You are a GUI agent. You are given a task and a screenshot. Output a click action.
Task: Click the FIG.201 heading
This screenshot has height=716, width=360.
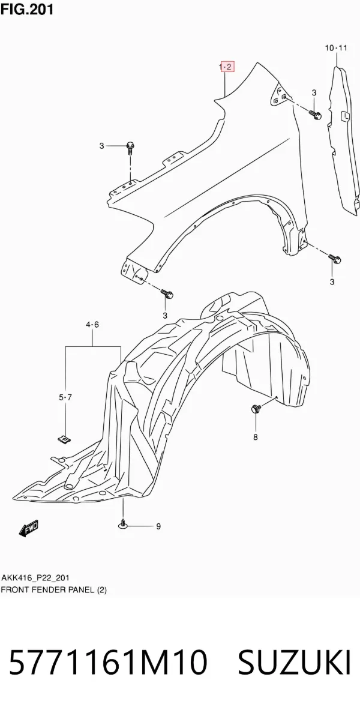[26, 8]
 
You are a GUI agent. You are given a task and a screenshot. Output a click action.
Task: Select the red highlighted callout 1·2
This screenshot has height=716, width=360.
[226, 67]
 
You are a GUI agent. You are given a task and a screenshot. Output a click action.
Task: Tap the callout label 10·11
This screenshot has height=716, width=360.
[336, 47]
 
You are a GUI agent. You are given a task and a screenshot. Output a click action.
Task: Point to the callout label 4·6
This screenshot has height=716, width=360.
[92, 325]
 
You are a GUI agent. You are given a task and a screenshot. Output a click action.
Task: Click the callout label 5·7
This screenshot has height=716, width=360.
[65, 398]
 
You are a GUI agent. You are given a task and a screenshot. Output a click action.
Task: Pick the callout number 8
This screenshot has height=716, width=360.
[255, 437]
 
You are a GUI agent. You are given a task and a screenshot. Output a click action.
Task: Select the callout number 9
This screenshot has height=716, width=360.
[158, 526]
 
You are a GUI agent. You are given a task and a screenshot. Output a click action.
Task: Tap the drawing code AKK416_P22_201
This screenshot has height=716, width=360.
[35, 578]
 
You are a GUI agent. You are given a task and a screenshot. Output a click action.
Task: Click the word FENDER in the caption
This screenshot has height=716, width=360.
[45, 589]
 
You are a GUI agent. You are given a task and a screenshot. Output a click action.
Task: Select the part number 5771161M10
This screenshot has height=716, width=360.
[107, 663]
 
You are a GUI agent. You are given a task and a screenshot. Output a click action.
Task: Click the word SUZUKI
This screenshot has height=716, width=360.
[294, 663]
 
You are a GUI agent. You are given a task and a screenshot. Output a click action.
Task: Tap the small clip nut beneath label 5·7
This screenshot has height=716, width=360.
[65, 439]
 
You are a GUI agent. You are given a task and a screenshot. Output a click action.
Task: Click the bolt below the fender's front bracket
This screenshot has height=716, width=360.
[167, 293]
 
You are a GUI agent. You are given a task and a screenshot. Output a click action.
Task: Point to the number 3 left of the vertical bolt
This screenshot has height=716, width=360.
[102, 146]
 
